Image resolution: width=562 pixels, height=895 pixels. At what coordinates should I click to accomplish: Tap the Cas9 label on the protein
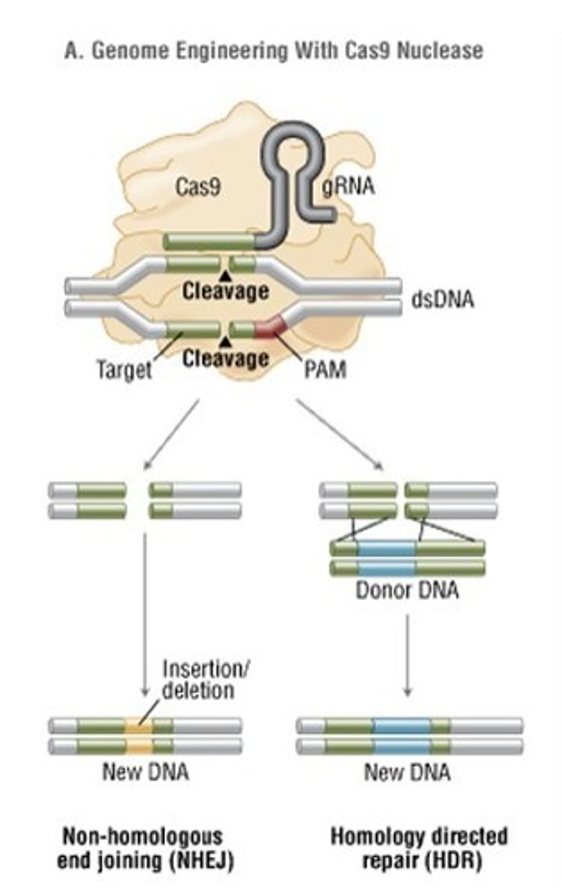198,186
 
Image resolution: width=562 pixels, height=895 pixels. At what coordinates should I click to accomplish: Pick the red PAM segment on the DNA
269,327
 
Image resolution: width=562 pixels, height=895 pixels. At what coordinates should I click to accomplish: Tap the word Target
125,369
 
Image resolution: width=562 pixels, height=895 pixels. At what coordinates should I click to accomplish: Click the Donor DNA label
407,591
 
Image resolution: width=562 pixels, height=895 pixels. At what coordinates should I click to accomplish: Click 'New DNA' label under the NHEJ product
145,771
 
